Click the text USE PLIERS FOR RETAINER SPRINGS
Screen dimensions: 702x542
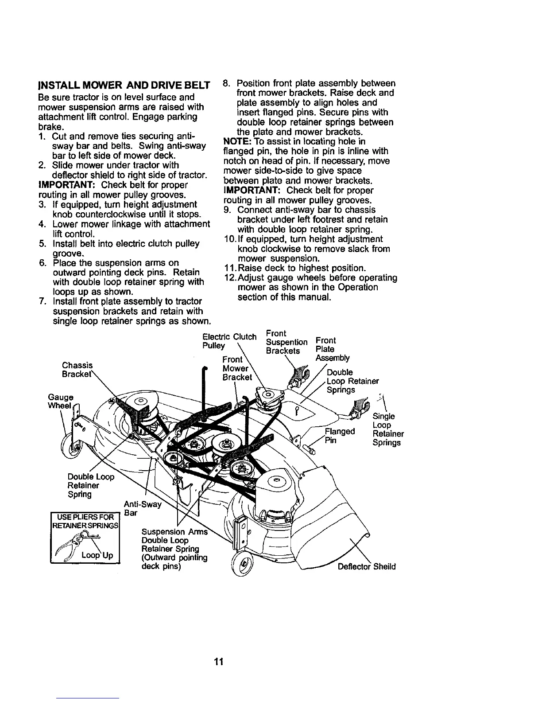coord(86,522)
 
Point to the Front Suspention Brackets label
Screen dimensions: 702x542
coord(286,342)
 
